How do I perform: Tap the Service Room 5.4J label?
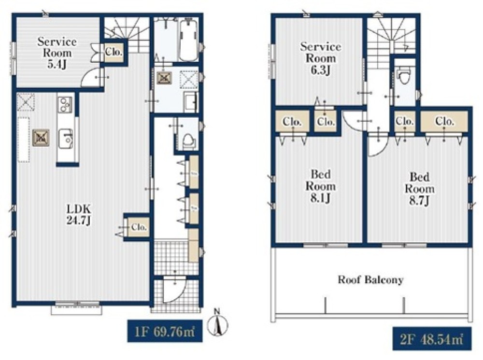tap(57, 53)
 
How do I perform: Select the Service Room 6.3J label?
tap(321, 58)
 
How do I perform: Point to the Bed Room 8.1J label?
tap(321, 186)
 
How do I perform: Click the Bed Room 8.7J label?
tap(420, 189)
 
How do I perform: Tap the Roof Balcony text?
tap(370, 280)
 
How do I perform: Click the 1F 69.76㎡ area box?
tap(165, 331)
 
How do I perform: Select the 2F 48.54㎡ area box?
tap(432, 339)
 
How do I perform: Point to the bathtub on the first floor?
tap(188, 41)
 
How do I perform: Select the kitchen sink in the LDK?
tap(65, 138)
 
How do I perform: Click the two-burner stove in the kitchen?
tap(65, 104)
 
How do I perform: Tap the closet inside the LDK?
tap(138, 227)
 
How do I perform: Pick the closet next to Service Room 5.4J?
tap(114, 52)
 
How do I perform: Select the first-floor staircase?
tap(127, 34)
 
